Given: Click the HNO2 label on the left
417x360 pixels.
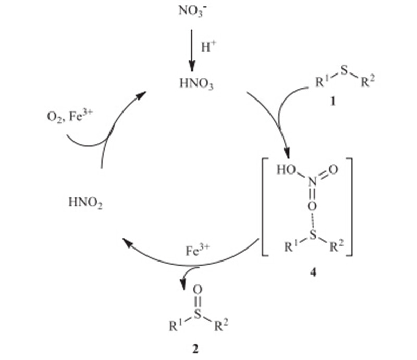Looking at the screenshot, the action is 85,202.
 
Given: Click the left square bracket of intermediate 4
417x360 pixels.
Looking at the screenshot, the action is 264,208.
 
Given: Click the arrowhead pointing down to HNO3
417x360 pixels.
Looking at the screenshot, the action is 192,65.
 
